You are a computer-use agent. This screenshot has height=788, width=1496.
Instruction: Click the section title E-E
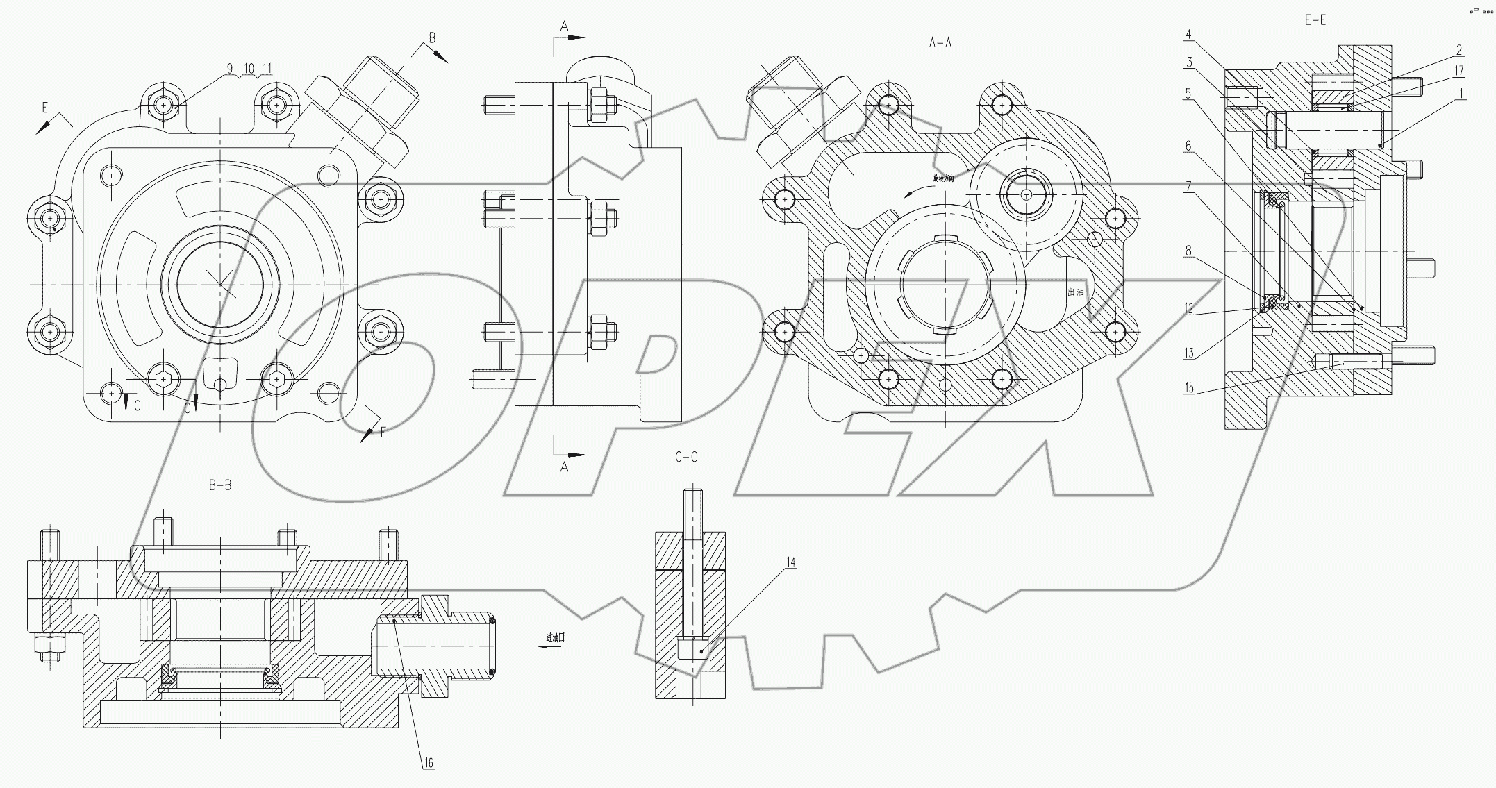1315,20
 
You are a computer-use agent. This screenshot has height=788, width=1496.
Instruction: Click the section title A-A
940,43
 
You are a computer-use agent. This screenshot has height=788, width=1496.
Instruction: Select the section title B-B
220,485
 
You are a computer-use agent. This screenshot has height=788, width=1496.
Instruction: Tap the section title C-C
686,457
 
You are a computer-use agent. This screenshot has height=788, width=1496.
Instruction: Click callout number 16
429,763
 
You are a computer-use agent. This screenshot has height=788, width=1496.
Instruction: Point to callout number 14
790,562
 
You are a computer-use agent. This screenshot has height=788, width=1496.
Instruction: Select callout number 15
1189,387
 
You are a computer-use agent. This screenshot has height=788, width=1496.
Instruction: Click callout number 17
1458,71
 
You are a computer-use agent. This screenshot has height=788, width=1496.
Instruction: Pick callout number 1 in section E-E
1461,93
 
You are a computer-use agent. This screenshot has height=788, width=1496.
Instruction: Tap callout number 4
1189,35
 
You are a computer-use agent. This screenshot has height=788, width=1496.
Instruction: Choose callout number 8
1189,251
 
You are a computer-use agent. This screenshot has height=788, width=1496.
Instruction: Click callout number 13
1189,353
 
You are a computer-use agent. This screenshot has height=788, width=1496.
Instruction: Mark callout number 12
1189,309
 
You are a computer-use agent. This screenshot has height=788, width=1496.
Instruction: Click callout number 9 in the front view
230,69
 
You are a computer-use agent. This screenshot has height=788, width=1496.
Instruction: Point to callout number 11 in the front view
267,69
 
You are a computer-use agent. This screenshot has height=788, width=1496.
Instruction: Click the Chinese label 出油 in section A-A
1075,292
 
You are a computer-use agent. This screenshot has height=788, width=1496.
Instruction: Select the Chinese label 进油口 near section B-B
555,637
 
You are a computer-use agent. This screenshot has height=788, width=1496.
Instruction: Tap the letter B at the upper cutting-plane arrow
432,38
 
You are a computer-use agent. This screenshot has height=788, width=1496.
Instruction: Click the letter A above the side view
565,26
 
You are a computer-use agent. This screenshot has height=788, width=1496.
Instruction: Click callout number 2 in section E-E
1459,50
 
